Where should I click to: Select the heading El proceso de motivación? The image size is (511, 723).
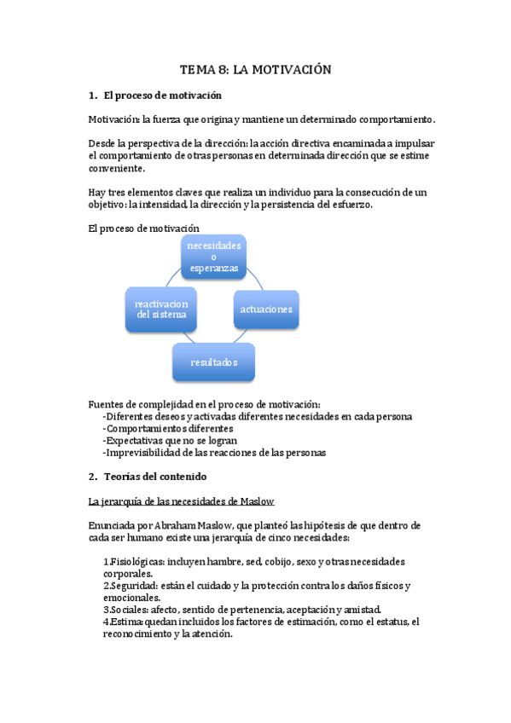pos(162,95)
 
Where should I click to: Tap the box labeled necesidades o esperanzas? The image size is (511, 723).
pos(214,257)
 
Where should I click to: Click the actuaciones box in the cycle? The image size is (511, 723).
pos(265,309)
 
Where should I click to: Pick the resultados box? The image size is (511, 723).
pos(214,362)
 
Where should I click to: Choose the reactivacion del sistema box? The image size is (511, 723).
pos(162,309)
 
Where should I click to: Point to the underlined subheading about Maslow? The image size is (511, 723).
pos(181,500)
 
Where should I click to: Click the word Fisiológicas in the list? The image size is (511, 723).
pos(136,562)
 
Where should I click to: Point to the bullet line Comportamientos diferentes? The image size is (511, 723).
pos(167,429)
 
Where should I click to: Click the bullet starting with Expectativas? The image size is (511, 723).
pos(169,441)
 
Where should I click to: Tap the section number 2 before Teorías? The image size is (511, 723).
pos(92,477)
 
